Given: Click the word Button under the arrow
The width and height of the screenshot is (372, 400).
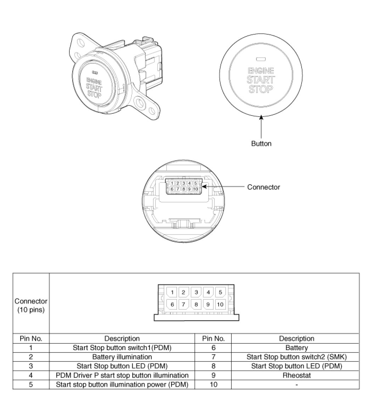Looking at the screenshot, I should point(261,143).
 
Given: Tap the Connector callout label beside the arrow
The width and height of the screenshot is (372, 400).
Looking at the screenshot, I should point(263,187).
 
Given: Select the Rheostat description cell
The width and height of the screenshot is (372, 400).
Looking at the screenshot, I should point(297,375).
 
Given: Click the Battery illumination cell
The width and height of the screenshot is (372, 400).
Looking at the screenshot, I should point(122,357).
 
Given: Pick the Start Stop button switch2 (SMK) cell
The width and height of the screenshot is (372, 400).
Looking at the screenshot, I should point(297,357).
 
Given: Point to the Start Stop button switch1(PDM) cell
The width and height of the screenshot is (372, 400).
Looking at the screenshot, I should point(122,348).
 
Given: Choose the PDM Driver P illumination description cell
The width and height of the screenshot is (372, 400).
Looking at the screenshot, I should point(122,375).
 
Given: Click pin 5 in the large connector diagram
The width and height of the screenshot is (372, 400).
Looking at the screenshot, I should point(220,292).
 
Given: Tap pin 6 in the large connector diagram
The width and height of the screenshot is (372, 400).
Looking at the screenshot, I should point(172,304).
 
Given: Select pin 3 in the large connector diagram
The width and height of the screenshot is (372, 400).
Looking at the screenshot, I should point(196,292).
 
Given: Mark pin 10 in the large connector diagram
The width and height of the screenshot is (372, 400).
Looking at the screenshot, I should point(220,304).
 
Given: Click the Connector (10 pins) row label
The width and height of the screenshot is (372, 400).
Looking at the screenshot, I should point(31,305).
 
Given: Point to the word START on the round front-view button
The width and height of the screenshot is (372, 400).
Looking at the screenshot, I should point(261,79).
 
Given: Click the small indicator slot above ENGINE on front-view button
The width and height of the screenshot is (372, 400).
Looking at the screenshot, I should point(261,59).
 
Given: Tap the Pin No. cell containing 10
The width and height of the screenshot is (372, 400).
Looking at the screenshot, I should point(213,384).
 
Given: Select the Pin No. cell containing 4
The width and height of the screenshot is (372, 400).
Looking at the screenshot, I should point(31,375).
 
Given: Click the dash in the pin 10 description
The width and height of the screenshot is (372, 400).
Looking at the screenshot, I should point(297,384).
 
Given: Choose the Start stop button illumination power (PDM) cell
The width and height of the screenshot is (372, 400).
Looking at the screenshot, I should point(122,384).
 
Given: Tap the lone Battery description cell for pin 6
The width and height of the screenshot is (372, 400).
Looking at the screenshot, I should point(297,348).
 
